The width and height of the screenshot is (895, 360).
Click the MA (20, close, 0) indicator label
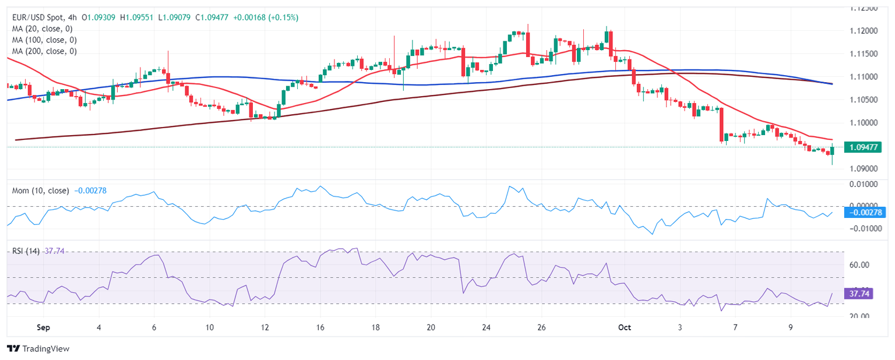(x=44, y=29)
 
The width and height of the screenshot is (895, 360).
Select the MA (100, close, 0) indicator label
(x=46, y=40)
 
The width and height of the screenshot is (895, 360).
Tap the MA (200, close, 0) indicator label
(x=46, y=51)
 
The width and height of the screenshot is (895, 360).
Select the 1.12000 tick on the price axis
(x=864, y=30)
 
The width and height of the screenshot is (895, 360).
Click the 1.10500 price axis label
(x=864, y=100)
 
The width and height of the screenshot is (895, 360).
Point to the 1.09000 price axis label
(x=864, y=169)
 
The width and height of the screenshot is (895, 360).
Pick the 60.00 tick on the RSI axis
(x=859, y=264)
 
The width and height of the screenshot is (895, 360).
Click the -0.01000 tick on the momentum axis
(x=864, y=229)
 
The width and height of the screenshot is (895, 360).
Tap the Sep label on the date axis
(x=43, y=327)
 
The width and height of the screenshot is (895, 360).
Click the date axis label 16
(x=319, y=327)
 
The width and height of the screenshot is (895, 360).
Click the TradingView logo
(x=38, y=348)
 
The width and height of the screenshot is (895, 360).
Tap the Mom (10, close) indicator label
(x=40, y=190)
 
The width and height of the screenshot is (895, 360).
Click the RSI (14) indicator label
(x=26, y=251)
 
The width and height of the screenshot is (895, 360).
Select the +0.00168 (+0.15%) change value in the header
(x=265, y=17)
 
